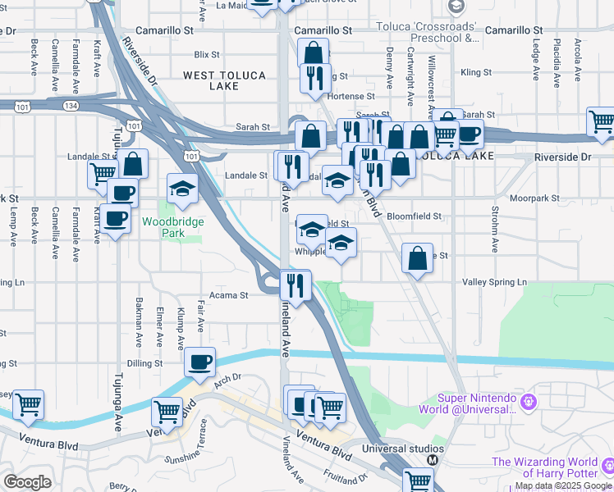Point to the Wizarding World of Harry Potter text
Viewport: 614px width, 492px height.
(x=552, y=467)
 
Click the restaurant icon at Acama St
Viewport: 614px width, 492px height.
(x=294, y=285)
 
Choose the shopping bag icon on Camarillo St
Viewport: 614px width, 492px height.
(x=313, y=53)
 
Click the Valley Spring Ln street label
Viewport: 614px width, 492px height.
(x=495, y=282)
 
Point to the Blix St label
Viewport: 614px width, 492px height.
(x=206, y=55)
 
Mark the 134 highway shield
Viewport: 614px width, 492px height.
(x=73, y=105)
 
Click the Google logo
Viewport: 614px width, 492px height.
(x=27, y=482)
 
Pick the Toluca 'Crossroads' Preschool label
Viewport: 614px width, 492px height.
(x=428, y=31)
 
